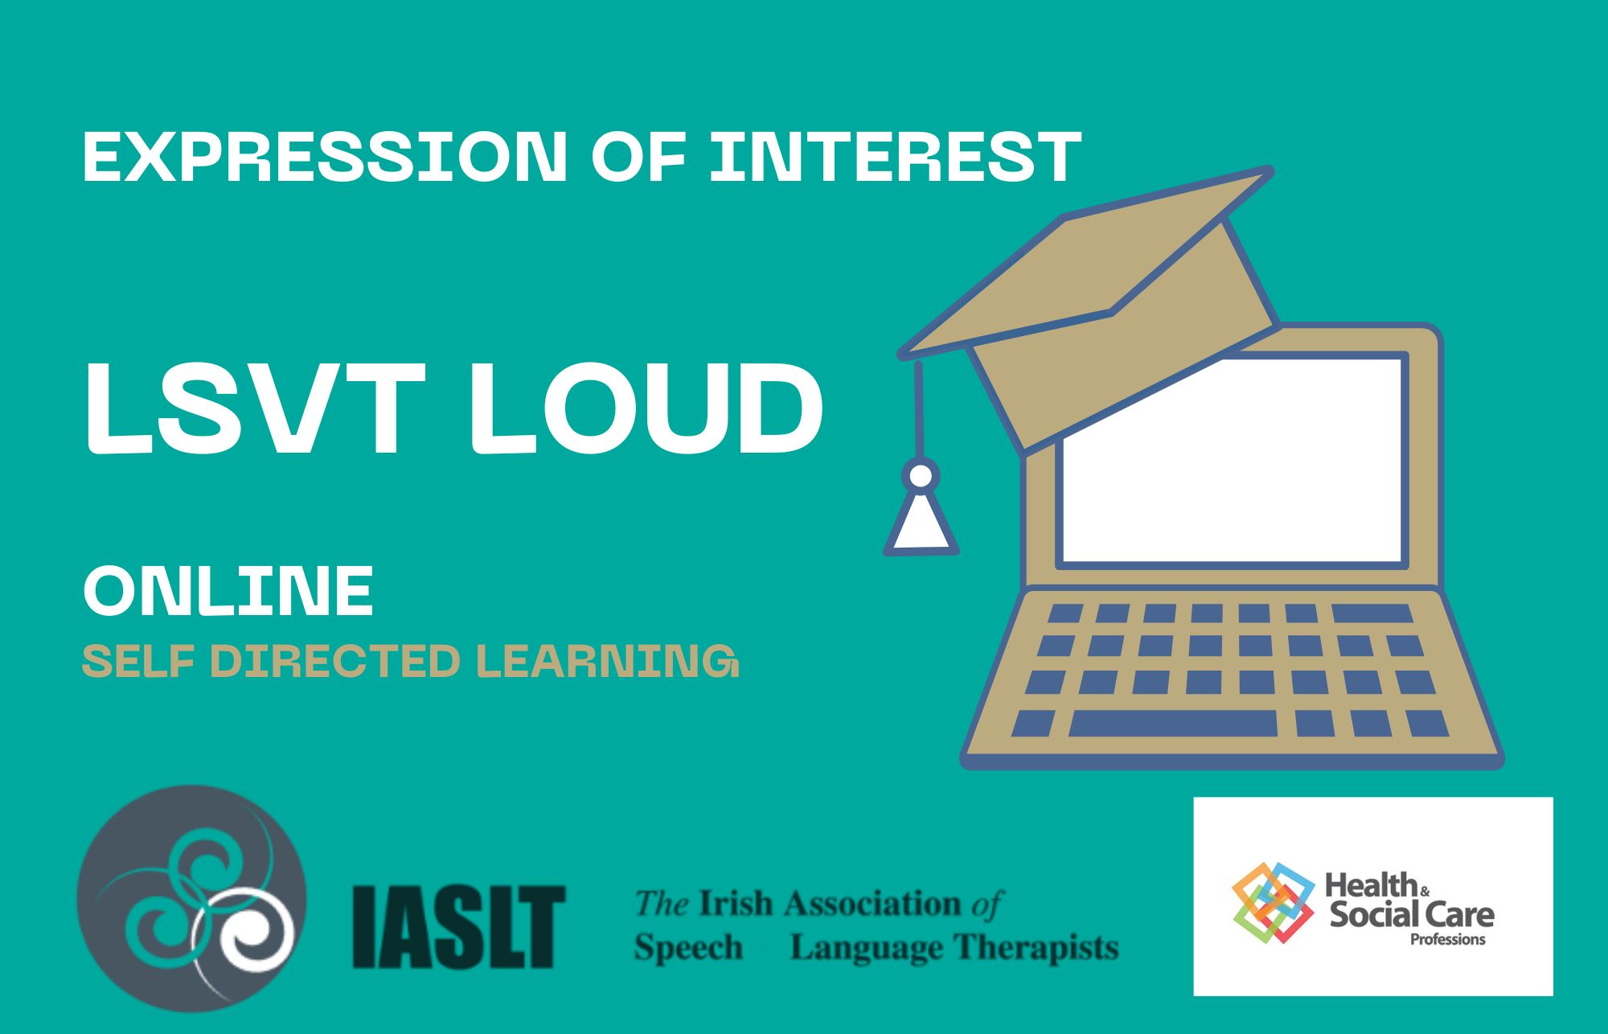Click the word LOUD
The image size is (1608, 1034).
click(x=646, y=409)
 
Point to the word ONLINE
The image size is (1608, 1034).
click(x=228, y=591)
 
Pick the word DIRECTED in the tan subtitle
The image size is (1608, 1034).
click(x=334, y=661)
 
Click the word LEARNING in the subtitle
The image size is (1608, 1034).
click(x=608, y=661)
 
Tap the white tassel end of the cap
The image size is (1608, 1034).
click(x=921, y=523)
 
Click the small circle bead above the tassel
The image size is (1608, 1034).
click(x=921, y=476)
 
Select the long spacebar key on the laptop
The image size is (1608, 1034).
click(x=1173, y=723)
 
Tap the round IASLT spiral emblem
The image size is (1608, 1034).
click(x=191, y=898)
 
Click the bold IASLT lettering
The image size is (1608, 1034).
click(x=459, y=926)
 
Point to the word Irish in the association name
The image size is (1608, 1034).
click(x=736, y=904)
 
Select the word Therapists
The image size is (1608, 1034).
click(x=1036, y=949)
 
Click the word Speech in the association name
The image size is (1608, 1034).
click(x=688, y=949)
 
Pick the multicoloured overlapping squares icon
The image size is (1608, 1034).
click(x=1274, y=902)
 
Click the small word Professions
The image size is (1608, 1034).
click(x=1448, y=939)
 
